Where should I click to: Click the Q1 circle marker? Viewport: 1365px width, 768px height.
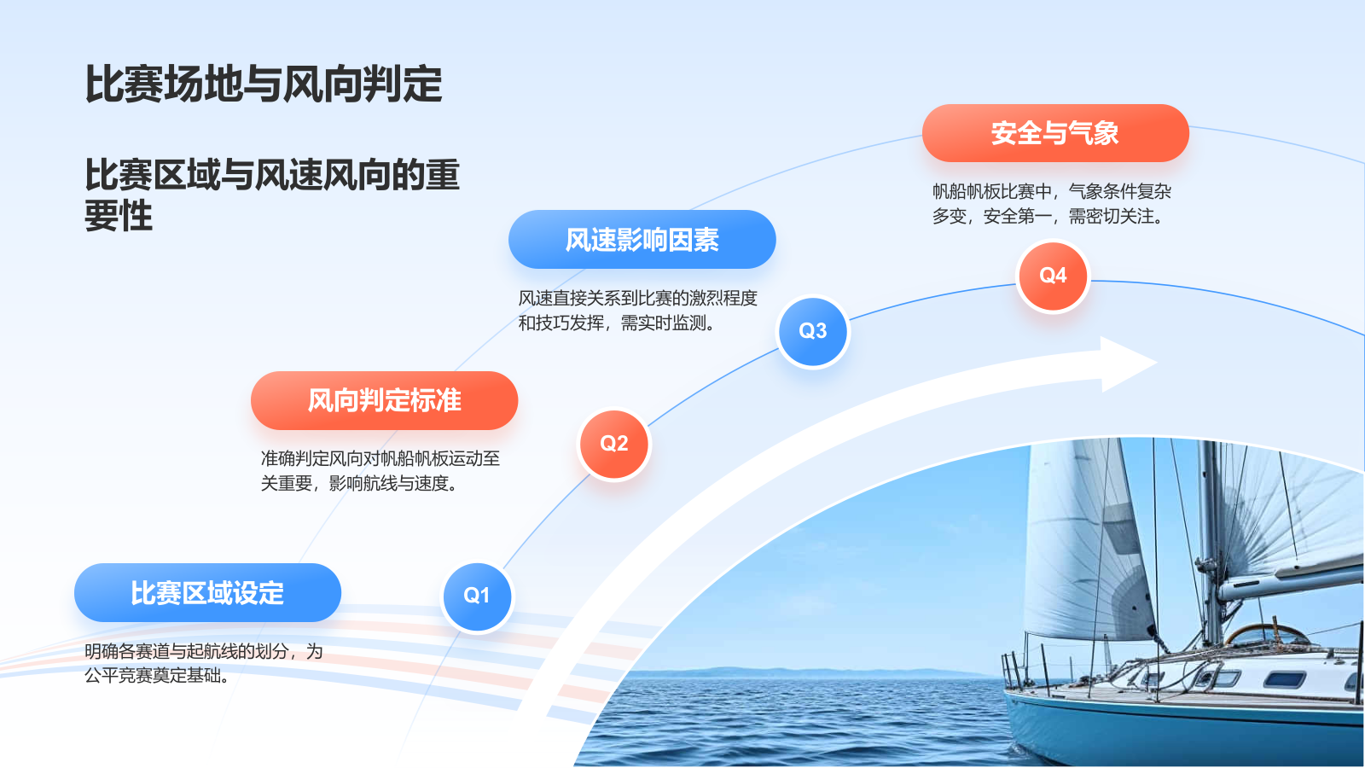coord(477,596)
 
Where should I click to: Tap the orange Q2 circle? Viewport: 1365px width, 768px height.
coord(613,444)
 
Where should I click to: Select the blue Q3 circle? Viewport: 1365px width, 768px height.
coord(813,331)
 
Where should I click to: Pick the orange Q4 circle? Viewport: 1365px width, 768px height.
coord(1053,276)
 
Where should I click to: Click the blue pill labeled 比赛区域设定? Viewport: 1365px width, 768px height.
coord(207,593)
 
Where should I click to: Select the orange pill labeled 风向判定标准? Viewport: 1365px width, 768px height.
coord(384,400)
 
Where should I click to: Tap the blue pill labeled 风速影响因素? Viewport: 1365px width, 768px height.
coord(642,240)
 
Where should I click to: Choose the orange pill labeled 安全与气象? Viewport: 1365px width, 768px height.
coord(1054,133)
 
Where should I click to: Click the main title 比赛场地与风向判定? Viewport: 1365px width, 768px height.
coord(264,84)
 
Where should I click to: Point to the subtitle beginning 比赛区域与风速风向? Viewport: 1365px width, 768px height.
coord(271,195)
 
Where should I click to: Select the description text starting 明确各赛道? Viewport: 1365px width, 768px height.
coord(203,663)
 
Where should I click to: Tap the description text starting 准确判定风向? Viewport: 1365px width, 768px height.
coord(380,470)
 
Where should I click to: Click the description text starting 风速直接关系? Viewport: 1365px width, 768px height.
coord(637,310)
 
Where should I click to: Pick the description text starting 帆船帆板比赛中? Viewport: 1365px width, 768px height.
coord(1051,203)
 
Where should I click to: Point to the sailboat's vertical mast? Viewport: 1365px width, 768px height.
coord(1210,546)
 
